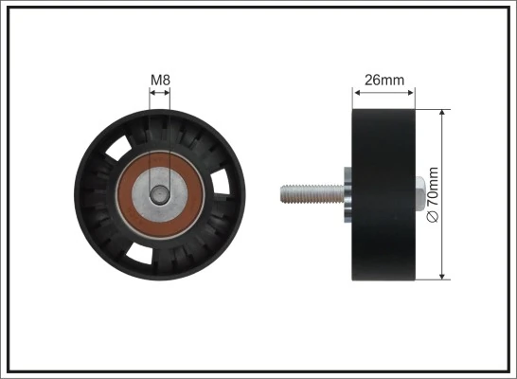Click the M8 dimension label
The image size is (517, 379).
coord(160,81)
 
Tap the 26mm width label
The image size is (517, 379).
coord(383,81)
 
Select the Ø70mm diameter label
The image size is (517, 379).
coord(434,194)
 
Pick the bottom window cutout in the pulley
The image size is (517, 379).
coord(138,253)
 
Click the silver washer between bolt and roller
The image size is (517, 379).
coord(348,193)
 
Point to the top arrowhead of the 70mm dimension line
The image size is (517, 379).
coord(443,112)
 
